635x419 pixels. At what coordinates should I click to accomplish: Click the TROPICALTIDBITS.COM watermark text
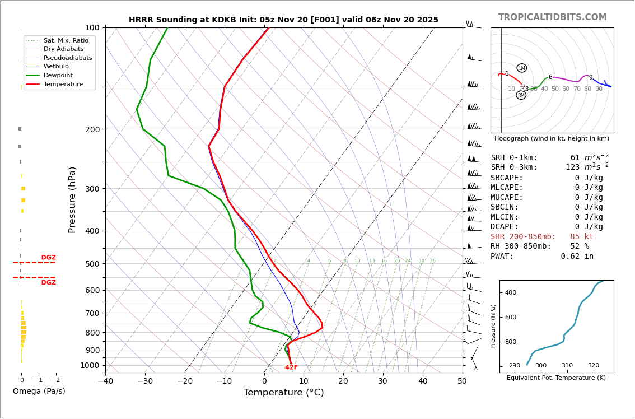(552, 17)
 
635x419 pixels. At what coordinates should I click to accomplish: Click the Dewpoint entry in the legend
(58, 75)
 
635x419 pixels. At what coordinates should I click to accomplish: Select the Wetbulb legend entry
(55, 66)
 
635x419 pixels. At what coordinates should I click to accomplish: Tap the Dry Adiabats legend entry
(60, 49)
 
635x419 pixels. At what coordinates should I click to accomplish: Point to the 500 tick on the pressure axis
(92, 264)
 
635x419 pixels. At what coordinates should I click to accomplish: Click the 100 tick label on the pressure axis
(92, 27)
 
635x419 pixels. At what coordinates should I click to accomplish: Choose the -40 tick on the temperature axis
(105, 382)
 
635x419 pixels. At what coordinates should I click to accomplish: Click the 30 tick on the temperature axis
(383, 382)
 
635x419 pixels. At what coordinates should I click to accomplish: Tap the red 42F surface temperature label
(291, 367)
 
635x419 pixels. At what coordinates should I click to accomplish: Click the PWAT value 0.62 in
(577, 257)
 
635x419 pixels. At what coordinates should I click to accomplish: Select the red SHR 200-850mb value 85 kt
(582, 237)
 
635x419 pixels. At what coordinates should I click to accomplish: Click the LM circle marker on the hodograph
(522, 68)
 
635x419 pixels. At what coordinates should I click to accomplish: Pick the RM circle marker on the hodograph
(521, 95)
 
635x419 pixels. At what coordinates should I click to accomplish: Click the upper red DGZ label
(48, 258)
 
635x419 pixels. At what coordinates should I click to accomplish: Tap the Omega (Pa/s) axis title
(39, 391)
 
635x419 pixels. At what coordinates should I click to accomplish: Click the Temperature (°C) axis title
(283, 393)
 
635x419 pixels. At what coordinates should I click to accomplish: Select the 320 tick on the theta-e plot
(593, 366)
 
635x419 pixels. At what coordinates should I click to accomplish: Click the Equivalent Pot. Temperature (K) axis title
(556, 378)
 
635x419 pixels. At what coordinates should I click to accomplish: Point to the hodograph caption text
(552, 138)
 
